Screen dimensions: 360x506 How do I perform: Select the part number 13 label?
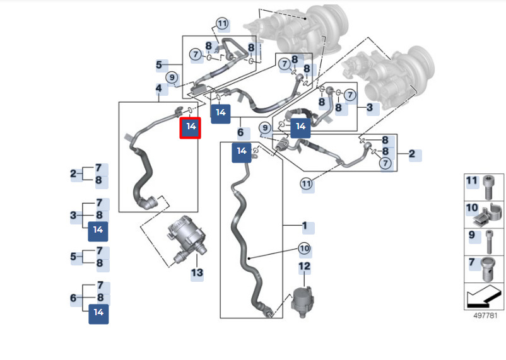(x=197, y=273)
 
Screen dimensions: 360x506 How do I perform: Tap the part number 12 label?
(x=305, y=267)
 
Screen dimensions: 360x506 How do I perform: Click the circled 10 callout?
(x=305, y=248)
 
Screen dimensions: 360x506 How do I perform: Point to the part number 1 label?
(x=305, y=226)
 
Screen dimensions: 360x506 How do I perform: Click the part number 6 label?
(x=240, y=133)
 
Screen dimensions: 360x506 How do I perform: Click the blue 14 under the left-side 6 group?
(x=98, y=313)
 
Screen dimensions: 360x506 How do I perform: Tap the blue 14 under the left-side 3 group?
(x=98, y=230)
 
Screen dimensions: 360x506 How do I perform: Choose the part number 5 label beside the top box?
(x=160, y=64)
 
